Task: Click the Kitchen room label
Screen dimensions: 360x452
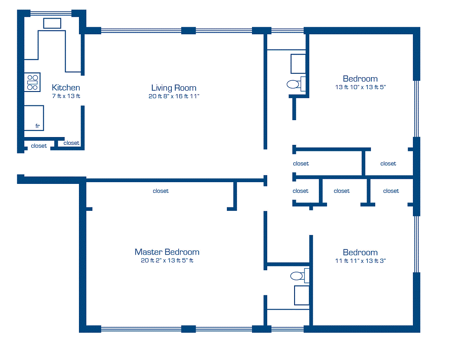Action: pos(66,88)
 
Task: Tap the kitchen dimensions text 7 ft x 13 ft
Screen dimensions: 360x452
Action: pos(66,96)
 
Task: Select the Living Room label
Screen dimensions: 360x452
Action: pos(174,88)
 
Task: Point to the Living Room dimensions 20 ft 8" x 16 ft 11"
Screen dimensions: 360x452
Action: pos(174,96)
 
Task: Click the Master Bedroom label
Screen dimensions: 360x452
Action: pos(167,252)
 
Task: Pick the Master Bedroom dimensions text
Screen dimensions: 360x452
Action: pos(167,261)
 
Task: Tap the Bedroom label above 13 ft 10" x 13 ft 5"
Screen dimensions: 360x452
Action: pos(360,79)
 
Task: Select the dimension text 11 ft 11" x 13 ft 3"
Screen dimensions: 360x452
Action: pos(360,261)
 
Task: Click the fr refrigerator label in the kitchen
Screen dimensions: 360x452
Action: pos(38,126)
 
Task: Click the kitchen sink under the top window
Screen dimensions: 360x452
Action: pos(52,23)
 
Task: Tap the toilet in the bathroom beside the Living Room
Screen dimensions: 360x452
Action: pos(295,84)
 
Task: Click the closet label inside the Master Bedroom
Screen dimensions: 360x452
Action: pos(160,191)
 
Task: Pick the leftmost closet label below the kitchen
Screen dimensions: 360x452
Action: pos(39,146)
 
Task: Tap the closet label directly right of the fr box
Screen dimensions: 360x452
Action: pos(72,143)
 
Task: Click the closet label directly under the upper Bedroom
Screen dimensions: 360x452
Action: pos(388,164)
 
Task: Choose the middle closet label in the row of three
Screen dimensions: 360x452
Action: pos(342,191)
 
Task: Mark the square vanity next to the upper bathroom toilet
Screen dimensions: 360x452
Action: pos(298,64)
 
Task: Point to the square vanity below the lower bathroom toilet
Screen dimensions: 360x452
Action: pos(301,295)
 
